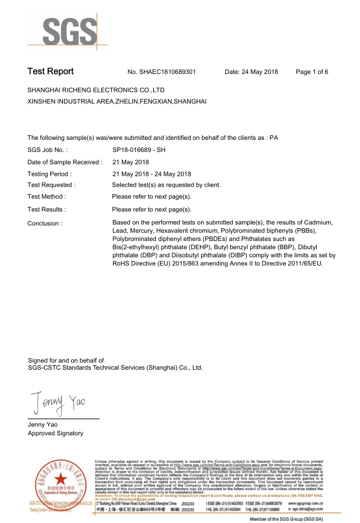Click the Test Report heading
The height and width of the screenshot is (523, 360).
tap(51, 72)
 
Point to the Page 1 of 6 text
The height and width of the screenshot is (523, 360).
tap(312, 72)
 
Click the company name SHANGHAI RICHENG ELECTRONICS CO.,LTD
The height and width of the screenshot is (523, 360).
tap(97, 91)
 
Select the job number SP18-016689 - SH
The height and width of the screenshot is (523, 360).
tap(143, 150)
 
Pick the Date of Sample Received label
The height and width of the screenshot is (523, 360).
tap(65, 162)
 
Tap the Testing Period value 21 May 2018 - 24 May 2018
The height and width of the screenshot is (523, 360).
tap(151, 174)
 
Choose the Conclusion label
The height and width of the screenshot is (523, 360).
tap(44, 223)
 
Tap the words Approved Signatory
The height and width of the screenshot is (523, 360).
tap(55, 433)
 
